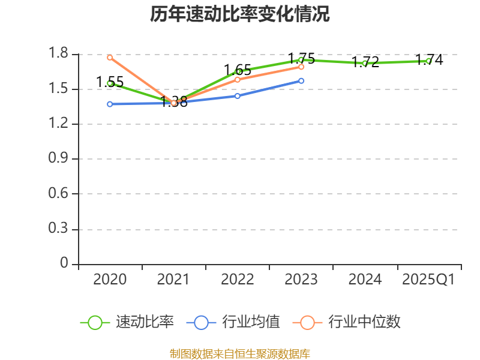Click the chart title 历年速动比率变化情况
pyautogui.click(x=240, y=14)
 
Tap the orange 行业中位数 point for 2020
pyautogui.click(x=110, y=58)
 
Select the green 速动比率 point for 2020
pyautogui.click(x=110, y=83)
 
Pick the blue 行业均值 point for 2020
pyautogui.click(x=110, y=104)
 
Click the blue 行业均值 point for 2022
pyautogui.click(x=238, y=96)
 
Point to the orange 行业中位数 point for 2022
pyautogui.click(x=238, y=79)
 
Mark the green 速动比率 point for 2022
pyautogui.click(x=238, y=71)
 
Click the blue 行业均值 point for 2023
pyautogui.click(x=301, y=80)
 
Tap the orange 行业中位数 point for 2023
pyautogui.click(x=301, y=67)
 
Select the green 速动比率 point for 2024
pyautogui.click(x=365, y=63)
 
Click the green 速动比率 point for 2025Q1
pyautogui.click(x=428, y=61)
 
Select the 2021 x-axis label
pyautogui.click(x=173, y=280)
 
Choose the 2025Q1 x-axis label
pyautogui.click(x=428, y=280)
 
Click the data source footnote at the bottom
pyautogui.click(x=240, y=353)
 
